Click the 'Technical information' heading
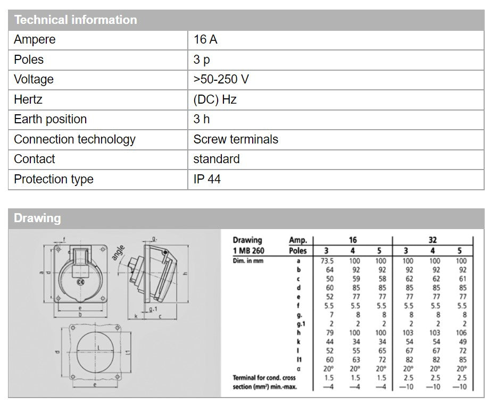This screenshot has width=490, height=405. [x=75, y=20]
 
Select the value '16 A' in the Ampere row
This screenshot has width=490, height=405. [x=205, y=40]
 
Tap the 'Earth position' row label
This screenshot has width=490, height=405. [x=50, y=120]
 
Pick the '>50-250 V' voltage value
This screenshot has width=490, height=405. [x=221, y=80]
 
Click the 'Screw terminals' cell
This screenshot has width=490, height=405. [x=236, y=140]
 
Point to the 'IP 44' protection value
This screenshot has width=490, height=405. [x=207, y=180]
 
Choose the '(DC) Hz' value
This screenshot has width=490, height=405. [x=215, y=99]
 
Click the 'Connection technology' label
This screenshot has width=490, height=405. [x=74, y=140]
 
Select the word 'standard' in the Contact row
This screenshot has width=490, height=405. [x=217, y=159]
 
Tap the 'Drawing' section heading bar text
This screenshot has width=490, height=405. [x=37, y=218]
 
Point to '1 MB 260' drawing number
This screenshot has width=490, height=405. [x=248, y=250]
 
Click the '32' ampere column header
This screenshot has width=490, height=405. [x=433, y=240]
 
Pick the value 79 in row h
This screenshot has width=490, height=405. [x=329, y=333]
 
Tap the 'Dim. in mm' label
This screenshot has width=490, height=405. [x=248, y=261]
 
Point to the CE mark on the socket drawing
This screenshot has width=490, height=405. [x=81, y=282]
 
